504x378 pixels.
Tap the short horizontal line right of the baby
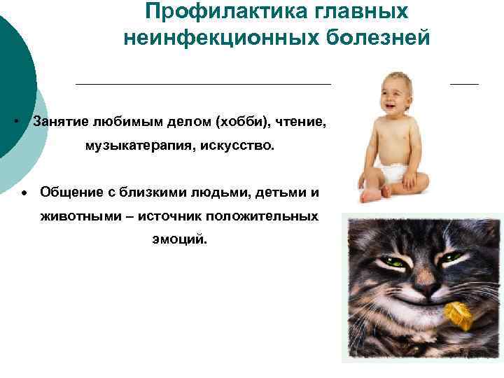point(464,83)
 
